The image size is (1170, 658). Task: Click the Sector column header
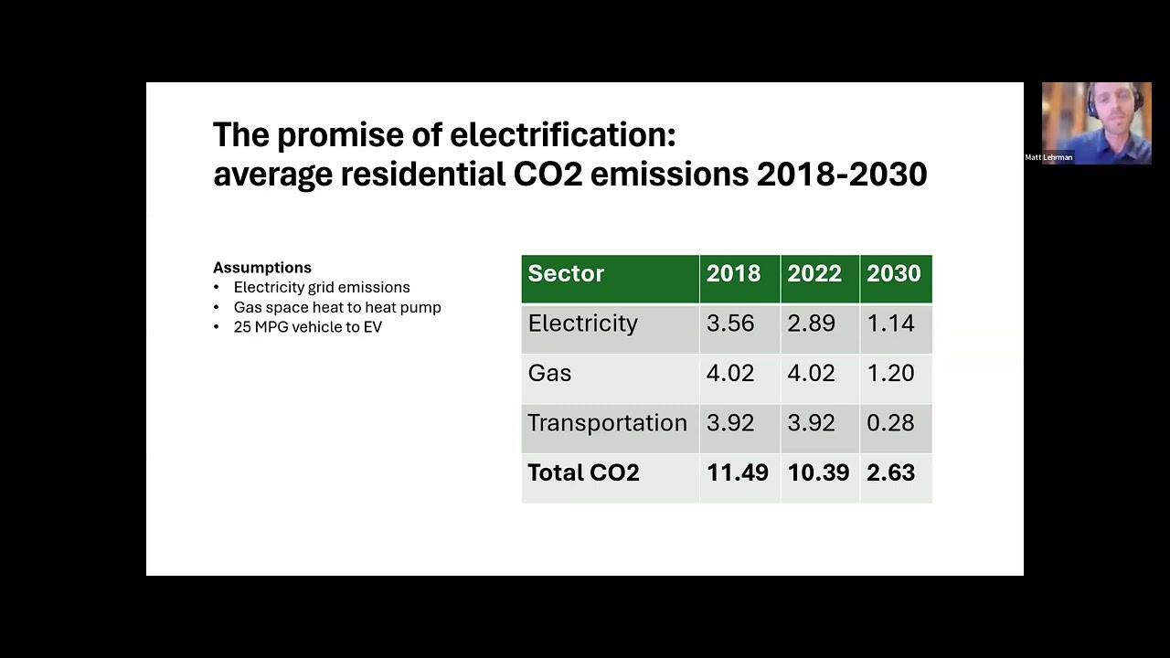(566, 274)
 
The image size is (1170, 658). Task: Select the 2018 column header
(733, 274)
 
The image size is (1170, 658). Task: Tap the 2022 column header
(814, 274)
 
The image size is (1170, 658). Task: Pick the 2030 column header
(893, 274)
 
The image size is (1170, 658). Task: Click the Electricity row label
(582, 324)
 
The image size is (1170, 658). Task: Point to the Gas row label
(549, 373)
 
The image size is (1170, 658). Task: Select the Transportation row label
(607, 423)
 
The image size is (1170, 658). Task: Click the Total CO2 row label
(583, 472)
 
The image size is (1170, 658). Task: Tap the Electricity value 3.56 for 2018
(730, 324)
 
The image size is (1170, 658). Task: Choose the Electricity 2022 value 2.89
(811, 324)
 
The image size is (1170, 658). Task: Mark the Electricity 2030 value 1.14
(890, 324)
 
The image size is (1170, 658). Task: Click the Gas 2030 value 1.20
(890, 373)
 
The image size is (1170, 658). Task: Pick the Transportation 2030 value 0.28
(890, 423)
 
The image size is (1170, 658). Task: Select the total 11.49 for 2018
(737, 472)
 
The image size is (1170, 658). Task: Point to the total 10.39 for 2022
(818, 472)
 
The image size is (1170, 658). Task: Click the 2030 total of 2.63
(890, 472)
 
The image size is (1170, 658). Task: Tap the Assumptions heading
(262, 268)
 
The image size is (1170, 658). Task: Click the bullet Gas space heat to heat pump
(337, 307)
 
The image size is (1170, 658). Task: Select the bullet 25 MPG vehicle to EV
(307, 327)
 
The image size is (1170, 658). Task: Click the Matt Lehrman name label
(1048, 157)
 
